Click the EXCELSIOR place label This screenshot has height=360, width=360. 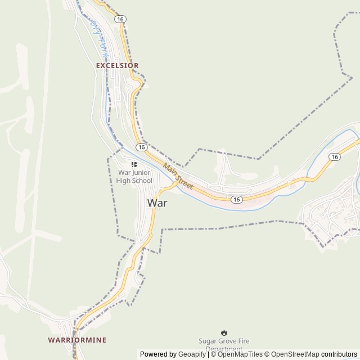(x=117, y=65)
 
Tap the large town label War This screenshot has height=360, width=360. (x=157, y=202)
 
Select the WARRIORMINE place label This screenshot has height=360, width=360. (x=77, y=340)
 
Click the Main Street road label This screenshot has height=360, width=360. (x=178, y=175)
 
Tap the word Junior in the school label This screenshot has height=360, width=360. (x=141, y=173)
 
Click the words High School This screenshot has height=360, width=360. (x=134, y=181)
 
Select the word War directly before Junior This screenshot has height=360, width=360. (x=124, y=173)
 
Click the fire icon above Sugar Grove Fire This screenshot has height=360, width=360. (x=224, y=332)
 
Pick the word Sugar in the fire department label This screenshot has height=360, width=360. (x=208, y=341)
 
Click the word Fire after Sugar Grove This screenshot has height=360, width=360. (x=244, y=341)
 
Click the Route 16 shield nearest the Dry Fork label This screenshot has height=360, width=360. (x=120, y=19)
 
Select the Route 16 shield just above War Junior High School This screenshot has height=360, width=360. (x=141, y=147)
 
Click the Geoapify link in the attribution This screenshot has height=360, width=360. (x=192, y=354)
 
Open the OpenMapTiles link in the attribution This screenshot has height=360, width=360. (x=241, y=354)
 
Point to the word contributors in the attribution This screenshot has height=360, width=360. (x=339, y=354)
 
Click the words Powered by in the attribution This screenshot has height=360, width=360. (x=158, y=354)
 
